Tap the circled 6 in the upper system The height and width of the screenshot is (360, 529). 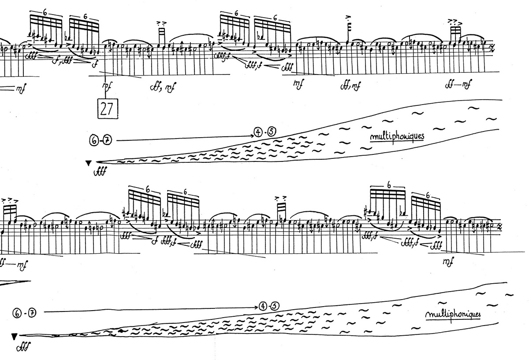pos(93,141)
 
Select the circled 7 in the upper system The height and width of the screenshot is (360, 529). pos(108,141)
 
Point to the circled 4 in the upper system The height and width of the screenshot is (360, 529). pos(257,131)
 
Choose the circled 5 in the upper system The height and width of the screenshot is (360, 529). pos(271,131)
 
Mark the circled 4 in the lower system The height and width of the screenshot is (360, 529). pos(263,305)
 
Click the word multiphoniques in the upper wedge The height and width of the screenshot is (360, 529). pos(397,136)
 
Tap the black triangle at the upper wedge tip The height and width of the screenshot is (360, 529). pos(89,163)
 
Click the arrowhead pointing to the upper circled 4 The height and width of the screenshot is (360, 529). pos(251,131)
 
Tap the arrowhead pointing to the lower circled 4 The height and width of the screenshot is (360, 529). pos(256,306)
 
